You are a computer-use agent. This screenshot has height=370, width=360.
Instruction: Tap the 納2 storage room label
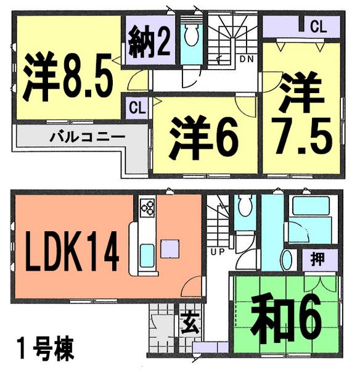click(149, 42)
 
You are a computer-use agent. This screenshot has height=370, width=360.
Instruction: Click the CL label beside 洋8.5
click(137, 107)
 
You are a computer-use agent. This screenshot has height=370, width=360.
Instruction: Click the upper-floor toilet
click(190, 38)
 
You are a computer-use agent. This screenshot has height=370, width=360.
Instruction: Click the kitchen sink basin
click(149, 253)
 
